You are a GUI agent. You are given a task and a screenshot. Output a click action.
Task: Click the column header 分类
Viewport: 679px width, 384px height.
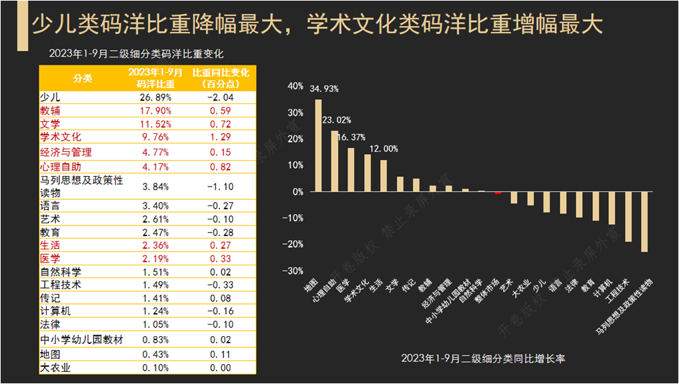(83, 78)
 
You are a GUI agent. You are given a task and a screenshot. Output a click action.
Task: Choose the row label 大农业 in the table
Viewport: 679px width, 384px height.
(55, 367)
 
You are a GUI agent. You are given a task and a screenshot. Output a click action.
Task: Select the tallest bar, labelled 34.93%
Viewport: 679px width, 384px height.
(318, 145)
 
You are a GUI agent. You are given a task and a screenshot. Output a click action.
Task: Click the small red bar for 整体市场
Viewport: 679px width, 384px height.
(498, 193)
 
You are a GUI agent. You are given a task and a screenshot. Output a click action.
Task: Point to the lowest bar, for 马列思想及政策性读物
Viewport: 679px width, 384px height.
(644, 222)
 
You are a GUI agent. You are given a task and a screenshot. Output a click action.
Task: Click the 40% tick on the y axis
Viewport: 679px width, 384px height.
(295, 86)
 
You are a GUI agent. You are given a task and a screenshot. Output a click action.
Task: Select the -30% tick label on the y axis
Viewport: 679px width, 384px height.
(293, 271)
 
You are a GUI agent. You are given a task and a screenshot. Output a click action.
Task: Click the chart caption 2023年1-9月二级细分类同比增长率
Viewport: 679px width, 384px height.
(484, 359)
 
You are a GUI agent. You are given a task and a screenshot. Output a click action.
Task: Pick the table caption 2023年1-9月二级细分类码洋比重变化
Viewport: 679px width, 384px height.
(136, 54)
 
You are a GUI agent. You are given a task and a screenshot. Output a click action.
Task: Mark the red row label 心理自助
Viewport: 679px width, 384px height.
(61, 166)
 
